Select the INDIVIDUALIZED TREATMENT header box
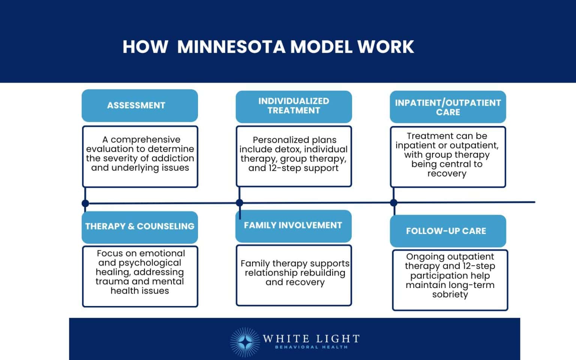tap(294, 106)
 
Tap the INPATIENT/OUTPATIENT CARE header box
tap(448, 107)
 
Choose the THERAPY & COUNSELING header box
tap(139, 226)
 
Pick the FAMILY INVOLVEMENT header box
tap(293, 225)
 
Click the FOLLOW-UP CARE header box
tap(448, 231)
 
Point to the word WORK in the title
tap(385, 47)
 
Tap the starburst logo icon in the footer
tap(244, 342)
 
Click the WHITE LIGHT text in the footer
tap(311, 339)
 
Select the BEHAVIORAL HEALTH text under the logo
tap(311, 347)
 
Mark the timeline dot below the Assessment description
tap(85, 204)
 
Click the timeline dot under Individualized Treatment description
tap(240, 203)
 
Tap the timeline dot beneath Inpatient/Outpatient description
tap(393, 203)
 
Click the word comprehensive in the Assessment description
tap(145, 139)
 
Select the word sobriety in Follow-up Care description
tap(450, 294)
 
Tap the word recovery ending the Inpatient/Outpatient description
tap(447, 174)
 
